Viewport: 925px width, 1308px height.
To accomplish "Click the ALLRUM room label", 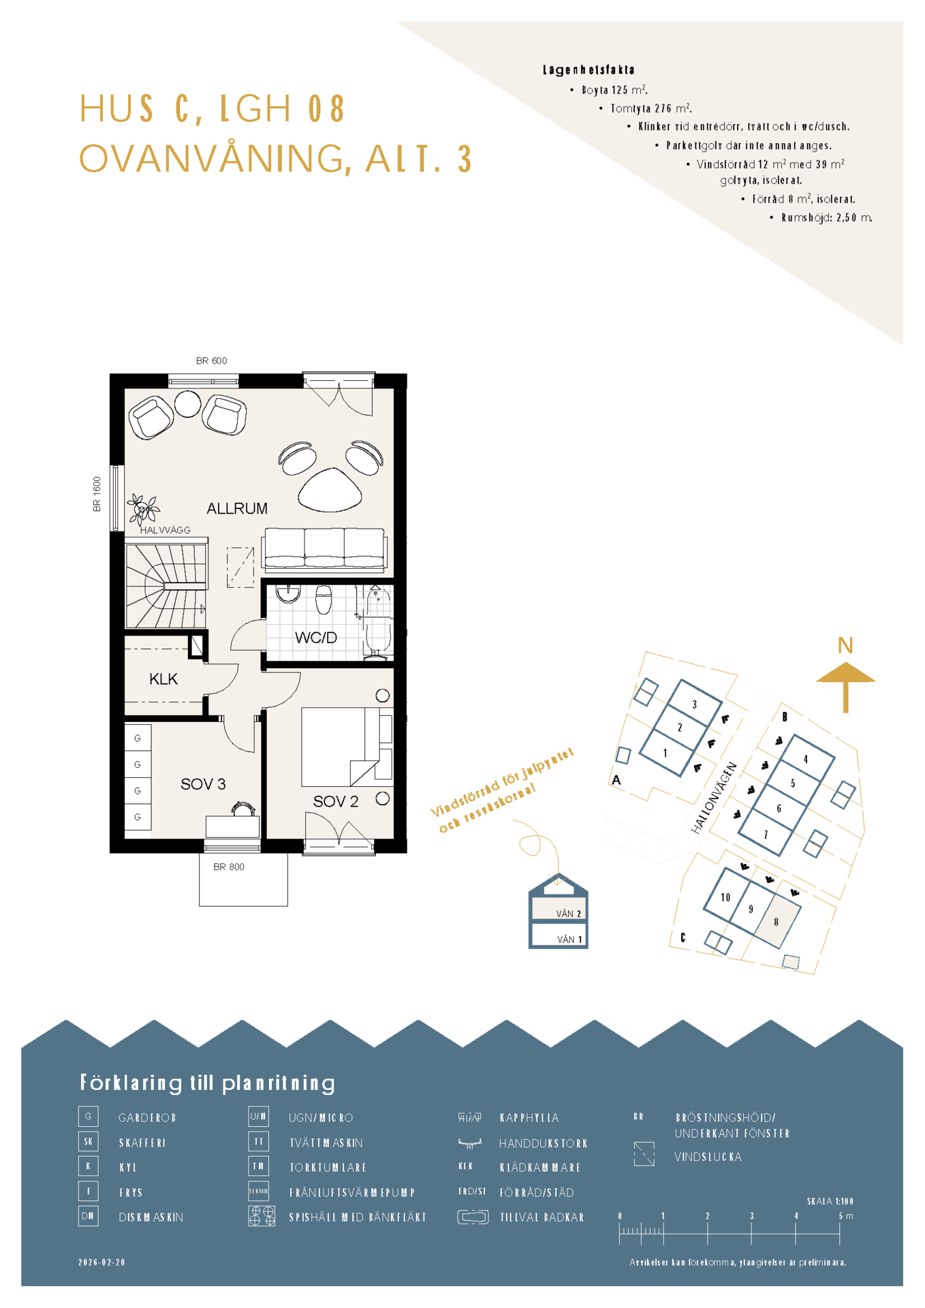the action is click(x=237, y=508).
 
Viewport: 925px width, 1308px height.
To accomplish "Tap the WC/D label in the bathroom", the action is click(x=316, y=638).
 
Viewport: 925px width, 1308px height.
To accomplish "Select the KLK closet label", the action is click(x=163, y=679).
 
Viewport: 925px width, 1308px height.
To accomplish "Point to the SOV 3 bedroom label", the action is click(x=203, y=784).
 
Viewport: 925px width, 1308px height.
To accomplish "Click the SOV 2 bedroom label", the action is click(x=336, y=801).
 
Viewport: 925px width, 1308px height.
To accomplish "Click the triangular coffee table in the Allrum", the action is click(x=330, y=490).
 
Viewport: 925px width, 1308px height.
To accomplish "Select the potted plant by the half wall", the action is click(x=143, y=508).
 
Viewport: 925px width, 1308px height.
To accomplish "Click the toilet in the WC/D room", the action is click(x=324, y=599).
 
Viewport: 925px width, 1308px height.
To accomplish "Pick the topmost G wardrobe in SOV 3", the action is click(x=138, y=738).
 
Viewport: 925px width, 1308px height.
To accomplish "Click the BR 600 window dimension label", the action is click(x=211, y=361).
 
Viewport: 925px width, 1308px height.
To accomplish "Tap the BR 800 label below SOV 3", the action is click(x=229, y=867).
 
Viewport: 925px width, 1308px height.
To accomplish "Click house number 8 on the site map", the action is click(x=776, y=922).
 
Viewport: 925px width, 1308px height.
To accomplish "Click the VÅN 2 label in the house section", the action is click(x=569, y=914).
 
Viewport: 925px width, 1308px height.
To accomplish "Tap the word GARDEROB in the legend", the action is click(x=147, y=1118).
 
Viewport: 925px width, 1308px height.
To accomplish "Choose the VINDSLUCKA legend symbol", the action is click(x=644, y=1154).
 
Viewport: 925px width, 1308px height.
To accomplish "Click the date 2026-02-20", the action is click(x=102, y=1262).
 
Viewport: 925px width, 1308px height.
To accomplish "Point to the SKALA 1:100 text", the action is click(x=830, y=1201).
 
